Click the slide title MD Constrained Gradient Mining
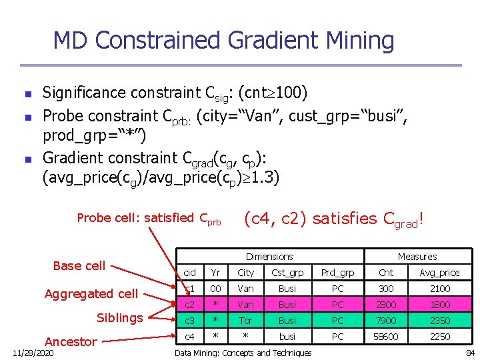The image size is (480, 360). click(x=223, y=41)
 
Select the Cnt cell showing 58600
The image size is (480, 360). click(x=386, y=337)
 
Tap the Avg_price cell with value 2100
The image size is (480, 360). click(x=439, y=289)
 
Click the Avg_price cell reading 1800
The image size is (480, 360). click(x=439, y=305)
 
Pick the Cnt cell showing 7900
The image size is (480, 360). click(x=386, y=321)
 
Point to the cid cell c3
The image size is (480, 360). click(x=189, y=321)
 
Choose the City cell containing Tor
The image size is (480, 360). click(x=245, y=321)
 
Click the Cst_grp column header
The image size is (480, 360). click(x=287, y=273)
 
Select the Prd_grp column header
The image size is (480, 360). click(x=338, y=273)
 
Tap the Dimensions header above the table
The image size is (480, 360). click(x=269, y=257)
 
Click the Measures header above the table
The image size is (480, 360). click(x=417, y=257)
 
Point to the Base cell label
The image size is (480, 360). click(x=79, y=266)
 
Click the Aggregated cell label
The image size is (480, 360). click(x=91, y=294)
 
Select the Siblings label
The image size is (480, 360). click(x=120, y=318)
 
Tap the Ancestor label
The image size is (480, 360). click(x=71, y=342)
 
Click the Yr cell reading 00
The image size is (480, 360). click(x=215, y=289)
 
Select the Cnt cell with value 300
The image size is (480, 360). click(x=386, y=289)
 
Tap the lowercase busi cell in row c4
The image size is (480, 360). click(x=287, y=337)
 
